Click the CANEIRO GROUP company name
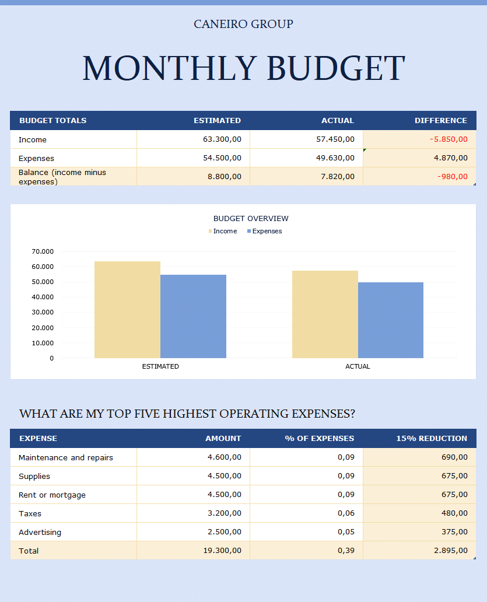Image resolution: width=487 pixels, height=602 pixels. click(x=243, y=24)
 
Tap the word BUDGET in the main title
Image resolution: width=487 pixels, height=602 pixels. click(x=335, y=68)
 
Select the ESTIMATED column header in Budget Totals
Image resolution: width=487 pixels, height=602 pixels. click(x=217, y=121)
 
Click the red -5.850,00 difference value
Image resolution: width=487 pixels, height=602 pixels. click(x=448, y=139)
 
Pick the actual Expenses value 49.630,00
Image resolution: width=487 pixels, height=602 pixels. click(x=332, y=158)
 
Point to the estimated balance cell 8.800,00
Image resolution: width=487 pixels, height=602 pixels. click(x=224, y=177)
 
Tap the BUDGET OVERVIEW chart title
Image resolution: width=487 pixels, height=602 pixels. click(x=251, y=219)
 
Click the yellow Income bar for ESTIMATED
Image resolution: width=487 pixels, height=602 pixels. click(x=127, y=309)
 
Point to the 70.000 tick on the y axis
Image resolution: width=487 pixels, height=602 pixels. click(x=43, y=251)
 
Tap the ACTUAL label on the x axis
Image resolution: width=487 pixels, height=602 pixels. click(x=358, y=366)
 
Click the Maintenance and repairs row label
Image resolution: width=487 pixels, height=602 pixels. click(x=66, y=457)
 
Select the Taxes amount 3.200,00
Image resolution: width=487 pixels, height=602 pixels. click(x=224, y=513)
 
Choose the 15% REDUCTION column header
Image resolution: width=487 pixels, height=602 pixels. click(x=432, y=438)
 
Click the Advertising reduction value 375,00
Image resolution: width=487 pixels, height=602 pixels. click(x=454, y=532)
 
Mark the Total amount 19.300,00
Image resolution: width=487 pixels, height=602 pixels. click(x=222, y=551)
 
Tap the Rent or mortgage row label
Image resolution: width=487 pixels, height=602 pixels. click(x=52, y=495)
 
